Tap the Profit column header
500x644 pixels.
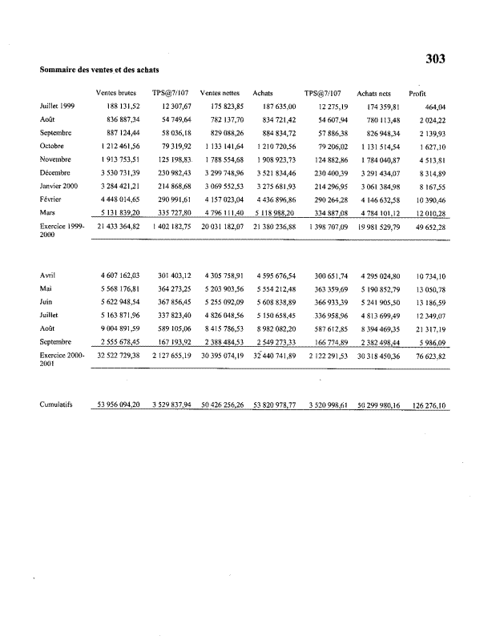click(x=417, y=94)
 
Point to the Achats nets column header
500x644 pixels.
click(x=373, y=94)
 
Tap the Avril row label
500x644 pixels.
click(x=47, y=276)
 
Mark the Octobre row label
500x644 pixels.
click(x=52, y=146)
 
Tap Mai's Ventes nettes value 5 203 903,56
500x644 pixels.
click(x=223, y=288)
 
